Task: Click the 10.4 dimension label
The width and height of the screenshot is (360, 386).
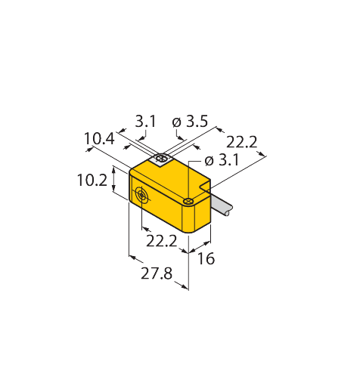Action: [x=99, y=139]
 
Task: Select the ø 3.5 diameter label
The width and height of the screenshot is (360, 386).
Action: [x=190, y=122]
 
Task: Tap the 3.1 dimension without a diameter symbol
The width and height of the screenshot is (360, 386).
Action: [x=145, y=122]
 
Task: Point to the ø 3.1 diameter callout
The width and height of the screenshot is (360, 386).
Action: [x=222, y=160]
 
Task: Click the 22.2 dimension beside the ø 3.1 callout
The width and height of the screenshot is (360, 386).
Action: [x=241, y=142]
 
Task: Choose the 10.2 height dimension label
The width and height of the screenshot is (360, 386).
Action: [x=92, y=181]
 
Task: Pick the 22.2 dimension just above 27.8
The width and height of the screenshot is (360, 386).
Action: [x=162, y=241]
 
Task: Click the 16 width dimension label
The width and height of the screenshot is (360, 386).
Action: [x=206, y=258]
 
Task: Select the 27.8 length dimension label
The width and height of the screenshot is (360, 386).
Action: [x=157, y=273]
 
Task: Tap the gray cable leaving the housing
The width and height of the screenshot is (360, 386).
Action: [x=221, y=205]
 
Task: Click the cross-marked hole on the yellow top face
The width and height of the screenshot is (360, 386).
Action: [x=188, y=201]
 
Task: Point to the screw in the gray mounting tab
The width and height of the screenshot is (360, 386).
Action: [x=161, y=159]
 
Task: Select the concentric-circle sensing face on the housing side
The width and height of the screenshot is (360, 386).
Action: [x=141, y=195]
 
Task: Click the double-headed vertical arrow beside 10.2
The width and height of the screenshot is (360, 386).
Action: [x=113, y=179]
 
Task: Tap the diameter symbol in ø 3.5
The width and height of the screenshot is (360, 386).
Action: [x=177, y=122]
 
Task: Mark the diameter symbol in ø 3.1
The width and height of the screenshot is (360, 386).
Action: [x=209, y=161]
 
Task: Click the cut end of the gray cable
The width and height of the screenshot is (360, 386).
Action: [x=229, y=211]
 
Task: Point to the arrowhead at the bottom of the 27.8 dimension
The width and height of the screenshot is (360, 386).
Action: [x=185, y=287]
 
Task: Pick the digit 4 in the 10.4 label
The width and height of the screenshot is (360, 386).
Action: [x=110, y=139]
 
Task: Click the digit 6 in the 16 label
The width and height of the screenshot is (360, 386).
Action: [x=210, y=258]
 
